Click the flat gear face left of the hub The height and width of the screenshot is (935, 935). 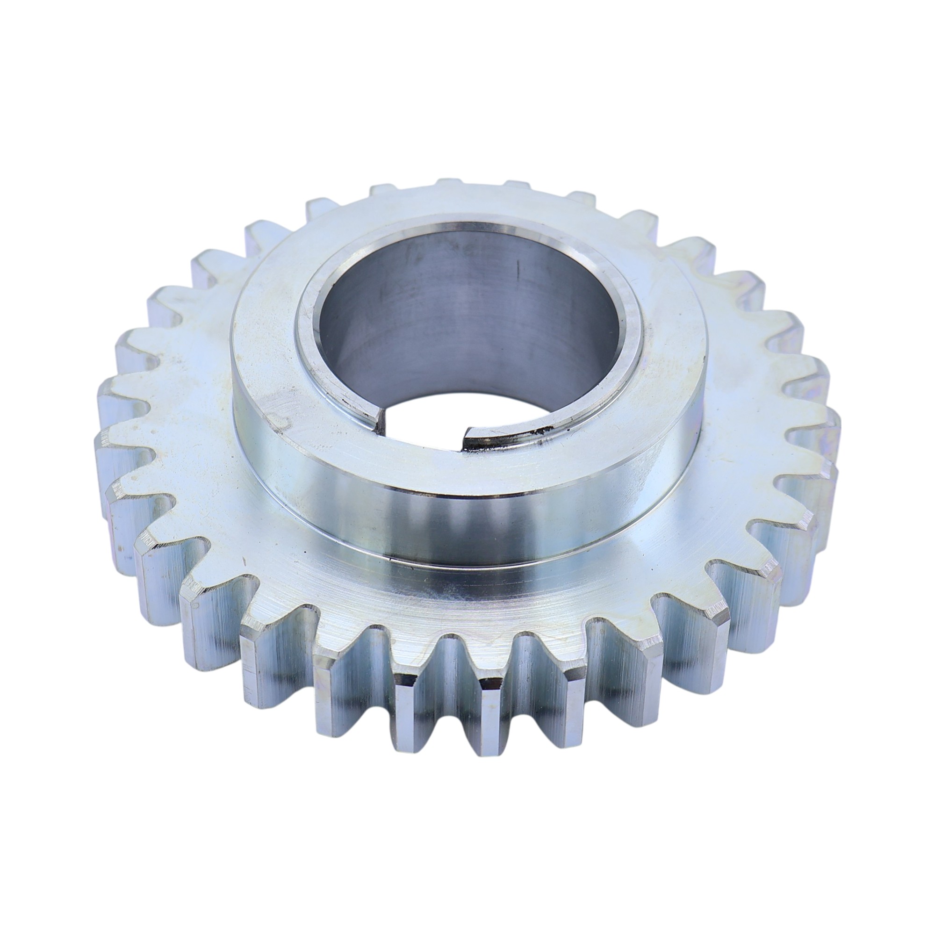(x=179, y=411)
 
